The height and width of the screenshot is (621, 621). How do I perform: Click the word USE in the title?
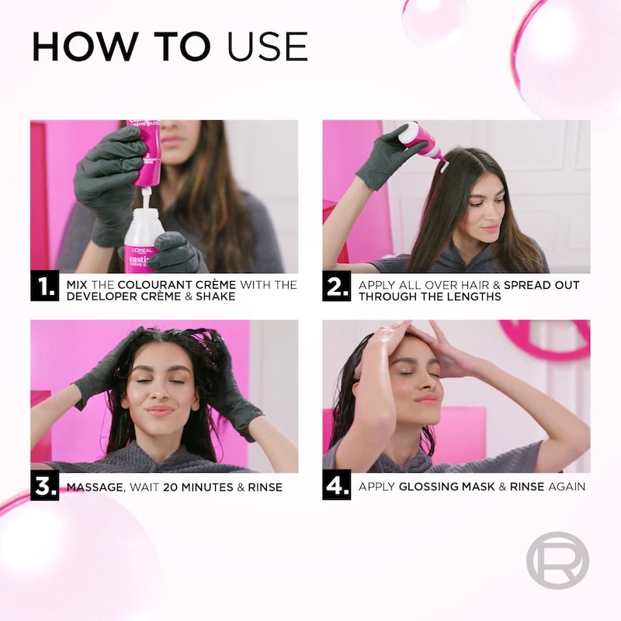(268, 47)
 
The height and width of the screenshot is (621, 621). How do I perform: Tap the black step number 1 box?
(45, 286)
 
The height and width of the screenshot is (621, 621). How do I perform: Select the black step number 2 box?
(337, 286)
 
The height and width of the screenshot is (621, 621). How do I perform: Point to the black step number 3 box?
(45, 486)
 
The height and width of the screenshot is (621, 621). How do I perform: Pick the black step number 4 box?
(337, 486)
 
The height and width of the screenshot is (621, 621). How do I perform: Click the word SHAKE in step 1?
(216, 297)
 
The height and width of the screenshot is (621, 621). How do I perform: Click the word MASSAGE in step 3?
(95, 487)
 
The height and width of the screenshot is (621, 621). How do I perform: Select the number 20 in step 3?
(170, 487)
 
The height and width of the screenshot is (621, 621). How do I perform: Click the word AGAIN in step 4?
(567, 487)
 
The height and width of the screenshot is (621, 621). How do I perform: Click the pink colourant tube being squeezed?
(147, 153)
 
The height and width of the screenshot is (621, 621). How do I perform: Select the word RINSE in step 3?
(265, 487)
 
